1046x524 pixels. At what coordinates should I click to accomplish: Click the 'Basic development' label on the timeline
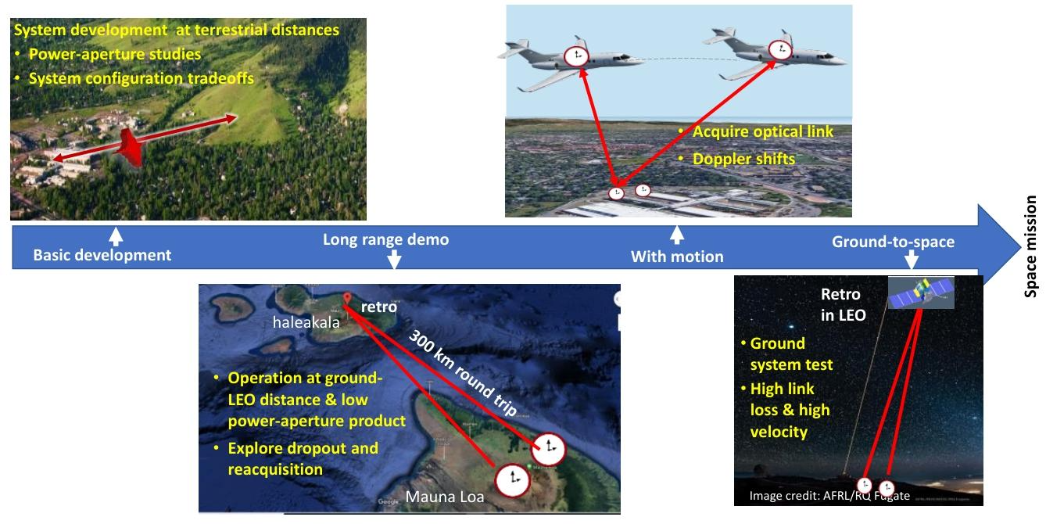point(102,255)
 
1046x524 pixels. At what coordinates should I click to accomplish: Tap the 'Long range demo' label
point(386,239)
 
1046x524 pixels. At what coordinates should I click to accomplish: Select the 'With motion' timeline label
point(677,256)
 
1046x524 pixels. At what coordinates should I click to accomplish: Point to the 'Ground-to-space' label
point(893,242)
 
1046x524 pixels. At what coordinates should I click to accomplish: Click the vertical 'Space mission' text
point(1031,246)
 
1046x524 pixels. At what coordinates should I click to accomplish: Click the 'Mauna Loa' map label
point(445,496)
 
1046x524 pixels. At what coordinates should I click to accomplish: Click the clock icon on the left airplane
point(578,56)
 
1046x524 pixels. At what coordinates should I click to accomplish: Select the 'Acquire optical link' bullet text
point(762,131)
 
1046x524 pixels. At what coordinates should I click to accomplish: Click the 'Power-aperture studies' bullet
point(114,55)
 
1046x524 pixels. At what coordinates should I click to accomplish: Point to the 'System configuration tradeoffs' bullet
point(141,78)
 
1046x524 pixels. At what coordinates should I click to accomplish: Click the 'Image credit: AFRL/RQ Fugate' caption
point(829,496)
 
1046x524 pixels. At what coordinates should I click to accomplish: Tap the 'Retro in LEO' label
point(840,304)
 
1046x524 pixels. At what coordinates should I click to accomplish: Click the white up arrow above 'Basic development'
point(116,234)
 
